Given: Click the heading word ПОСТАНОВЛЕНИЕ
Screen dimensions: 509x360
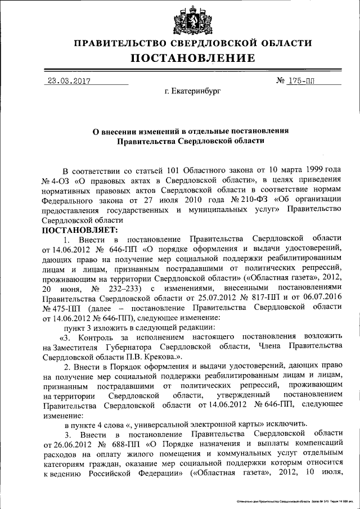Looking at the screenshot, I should point(193,58).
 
